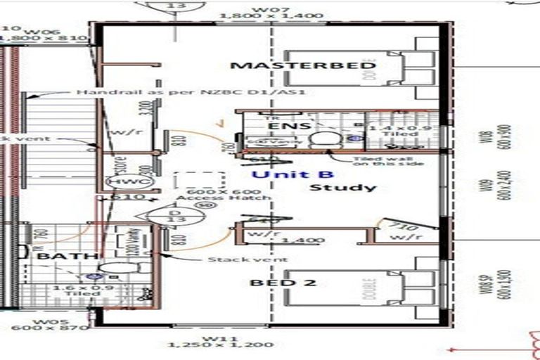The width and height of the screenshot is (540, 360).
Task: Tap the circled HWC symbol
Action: [x=118, y=181]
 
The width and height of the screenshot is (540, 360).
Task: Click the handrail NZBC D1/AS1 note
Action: [x=191, y=92]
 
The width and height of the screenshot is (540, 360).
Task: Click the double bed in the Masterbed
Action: [x=345, y=68]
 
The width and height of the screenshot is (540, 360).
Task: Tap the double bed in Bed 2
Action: [x=345, y=288]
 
